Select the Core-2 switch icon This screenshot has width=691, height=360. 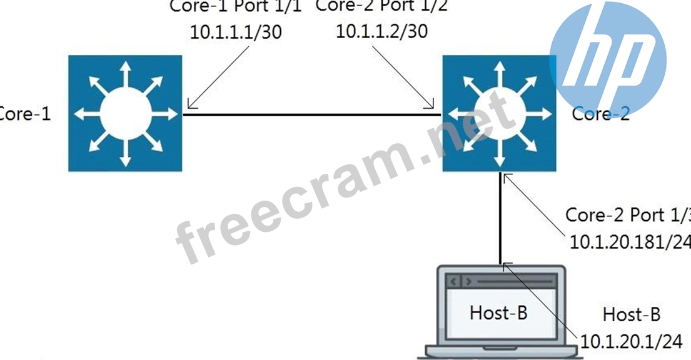click(498, 114)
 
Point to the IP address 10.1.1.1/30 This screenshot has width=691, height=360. click(236, 32)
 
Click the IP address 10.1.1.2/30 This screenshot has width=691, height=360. click(382, 31)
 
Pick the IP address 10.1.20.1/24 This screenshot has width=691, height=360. click(631, 341)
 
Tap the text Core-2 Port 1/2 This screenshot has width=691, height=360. click(381, 6)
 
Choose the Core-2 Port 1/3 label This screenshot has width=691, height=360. click(627, 214)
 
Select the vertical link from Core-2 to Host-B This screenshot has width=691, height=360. click(500, 219)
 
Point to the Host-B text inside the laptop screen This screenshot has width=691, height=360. click(498, 312)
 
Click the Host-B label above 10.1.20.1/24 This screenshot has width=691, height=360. click(631, 314)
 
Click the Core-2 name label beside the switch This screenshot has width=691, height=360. click(600, 114)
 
